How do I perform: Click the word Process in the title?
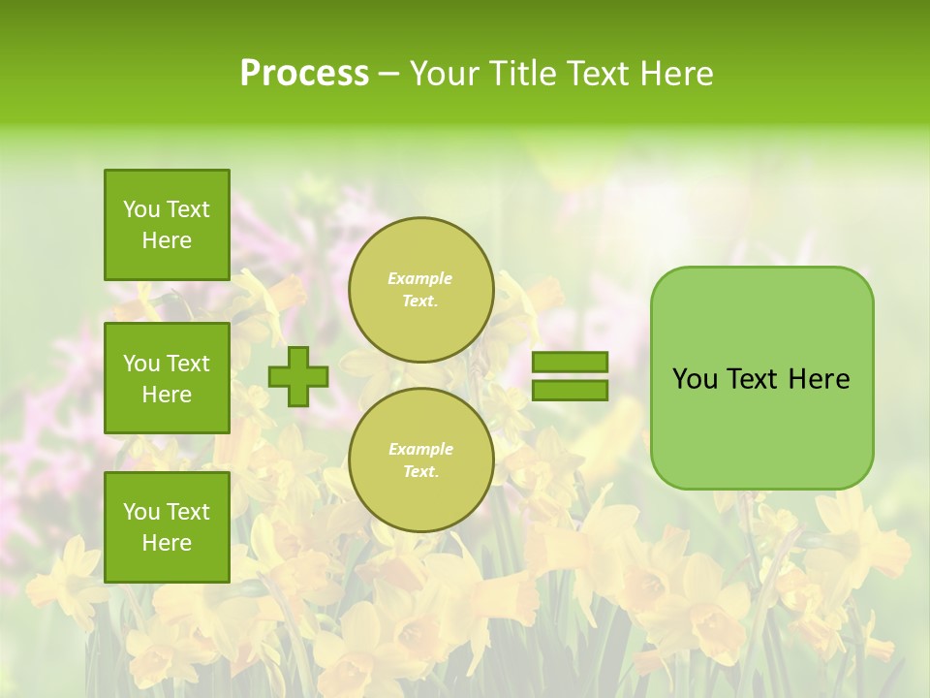[304, 74]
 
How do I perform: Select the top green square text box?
[167, 225]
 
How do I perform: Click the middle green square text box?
[167, 378]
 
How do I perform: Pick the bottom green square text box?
[167, 527]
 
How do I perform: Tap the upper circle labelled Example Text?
[421, 290]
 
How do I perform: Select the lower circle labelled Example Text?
[421, 460]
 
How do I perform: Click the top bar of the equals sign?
[571, 363]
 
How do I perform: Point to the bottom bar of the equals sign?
[571, 391]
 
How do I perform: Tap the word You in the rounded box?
[694, 379]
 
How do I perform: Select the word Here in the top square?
[167, 240]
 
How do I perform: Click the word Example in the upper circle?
[420, 278]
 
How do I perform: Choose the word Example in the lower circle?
[420, 449]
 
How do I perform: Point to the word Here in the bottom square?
[167, 543]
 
